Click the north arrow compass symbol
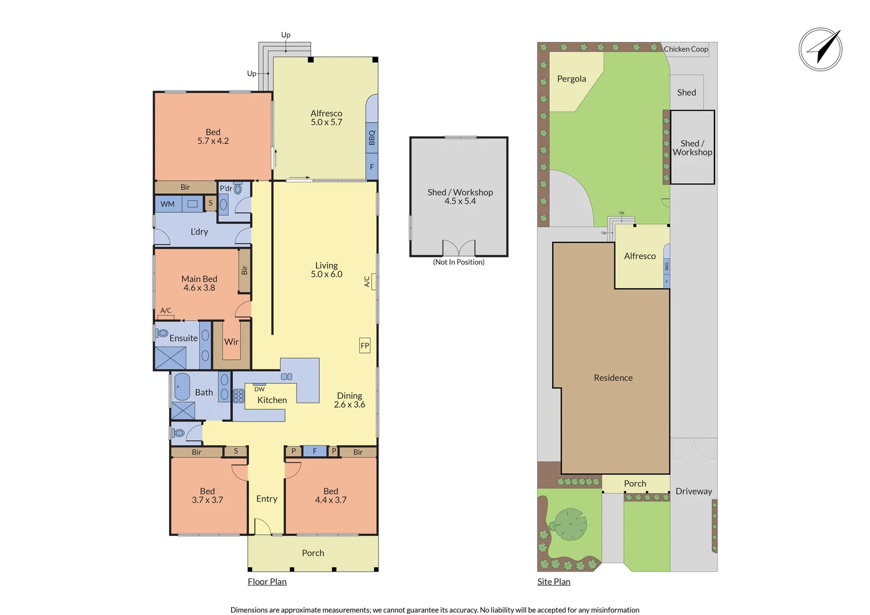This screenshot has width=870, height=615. tap(820, 50)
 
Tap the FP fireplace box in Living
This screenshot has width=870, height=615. tap(365, 346)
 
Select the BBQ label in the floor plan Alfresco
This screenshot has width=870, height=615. tap(372, 138)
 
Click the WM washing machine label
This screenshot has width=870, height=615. tap(167, 204)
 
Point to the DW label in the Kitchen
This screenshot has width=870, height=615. tap(260, 389)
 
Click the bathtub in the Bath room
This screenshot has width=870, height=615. tap(182, 387)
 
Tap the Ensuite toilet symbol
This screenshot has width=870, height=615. tap(162, 333)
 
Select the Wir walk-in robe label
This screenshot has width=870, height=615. tap(231, 342)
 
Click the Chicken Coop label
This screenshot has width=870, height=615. tap(686, 49)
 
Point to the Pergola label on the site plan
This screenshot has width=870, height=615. tap(571, 79)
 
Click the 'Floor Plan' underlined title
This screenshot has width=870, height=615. tap(267, 581)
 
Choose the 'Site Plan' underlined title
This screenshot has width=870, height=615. tap(554, 581)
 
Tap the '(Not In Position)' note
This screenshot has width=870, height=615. tap(459, 262)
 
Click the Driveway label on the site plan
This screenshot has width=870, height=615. tap(693, 491)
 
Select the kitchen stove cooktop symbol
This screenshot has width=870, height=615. tap(239, 396)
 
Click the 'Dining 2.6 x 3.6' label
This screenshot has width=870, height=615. tap(350, 400)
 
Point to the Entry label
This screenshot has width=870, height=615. tap(267, 498)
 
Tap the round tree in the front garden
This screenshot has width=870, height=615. tap(570, 524)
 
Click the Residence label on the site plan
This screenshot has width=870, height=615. tap(613, 378)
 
